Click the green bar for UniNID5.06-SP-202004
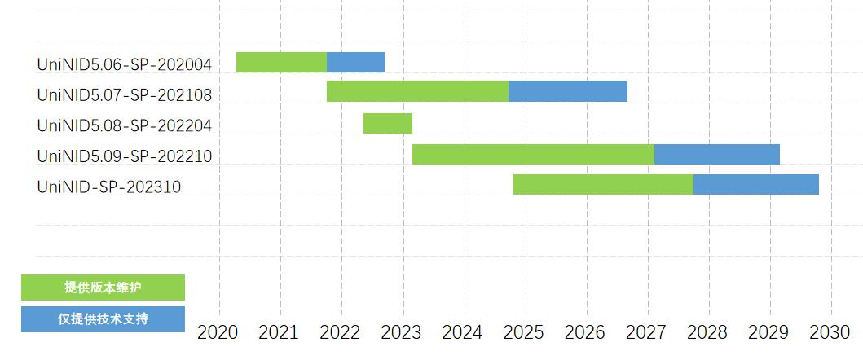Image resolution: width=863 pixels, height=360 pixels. (x=281, y=62)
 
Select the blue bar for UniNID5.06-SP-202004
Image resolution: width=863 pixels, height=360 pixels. (x=355, y=62)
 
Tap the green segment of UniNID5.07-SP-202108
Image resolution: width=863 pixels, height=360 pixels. (x=417, y=91)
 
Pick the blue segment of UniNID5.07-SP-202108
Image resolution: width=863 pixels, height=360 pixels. (x=568, y=91)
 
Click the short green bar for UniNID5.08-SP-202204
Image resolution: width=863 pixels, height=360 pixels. (x=388, y=123)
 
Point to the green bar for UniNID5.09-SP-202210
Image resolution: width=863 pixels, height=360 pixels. (x=533, y=154)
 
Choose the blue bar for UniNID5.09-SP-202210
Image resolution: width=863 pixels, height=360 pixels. (x=717, y=154)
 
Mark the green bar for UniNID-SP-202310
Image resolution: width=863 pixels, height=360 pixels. (x=603, y=184)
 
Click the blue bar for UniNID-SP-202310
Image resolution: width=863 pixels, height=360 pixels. (x=756, y=184)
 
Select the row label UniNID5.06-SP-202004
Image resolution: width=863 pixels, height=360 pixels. (x=125, y=64)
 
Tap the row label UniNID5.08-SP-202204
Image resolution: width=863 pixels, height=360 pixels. (x=125, y=126)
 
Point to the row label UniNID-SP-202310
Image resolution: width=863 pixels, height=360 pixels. (x=109, y=187)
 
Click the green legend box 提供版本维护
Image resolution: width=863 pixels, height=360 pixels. (x=103, y=288)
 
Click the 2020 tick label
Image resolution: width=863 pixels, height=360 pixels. (x=218, y=332)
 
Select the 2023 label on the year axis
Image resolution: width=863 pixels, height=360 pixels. (x=402, y=332)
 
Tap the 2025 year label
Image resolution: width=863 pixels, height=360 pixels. (x=525, y=332)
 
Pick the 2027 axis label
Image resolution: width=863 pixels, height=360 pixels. (x=647, y=332)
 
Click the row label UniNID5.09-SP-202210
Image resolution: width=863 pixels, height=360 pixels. (x=125, y=156)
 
